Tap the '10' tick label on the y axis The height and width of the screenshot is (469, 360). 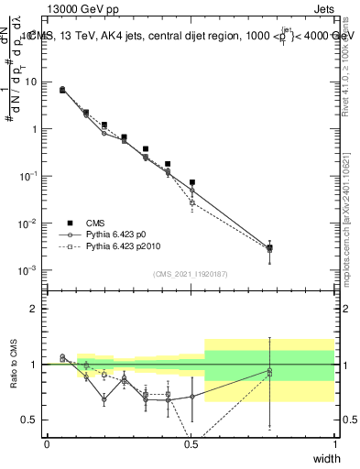click(32, 82)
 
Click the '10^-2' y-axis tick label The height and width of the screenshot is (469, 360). click(30, 224)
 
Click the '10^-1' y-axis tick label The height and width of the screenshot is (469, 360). click(30, 176)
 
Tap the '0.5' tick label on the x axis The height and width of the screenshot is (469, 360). click(191, 444)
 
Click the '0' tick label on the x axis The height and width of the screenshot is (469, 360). click(47, 444)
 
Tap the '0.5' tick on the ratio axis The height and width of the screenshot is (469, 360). click(32, 420)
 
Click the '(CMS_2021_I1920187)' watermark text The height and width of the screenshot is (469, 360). click(191, 273)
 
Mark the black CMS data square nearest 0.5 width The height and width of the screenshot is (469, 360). click(191, 182)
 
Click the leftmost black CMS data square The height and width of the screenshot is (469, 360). click(61, 90)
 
